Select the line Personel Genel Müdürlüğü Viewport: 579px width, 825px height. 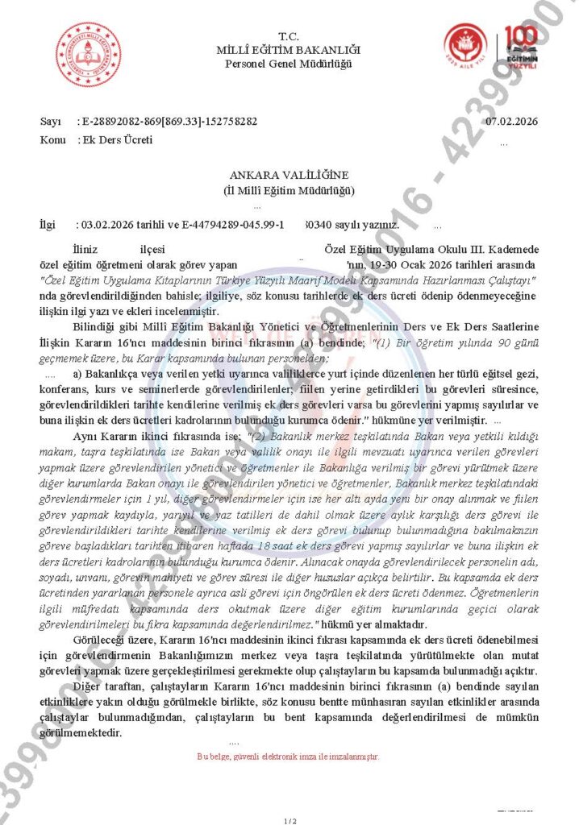[x=289, y=64]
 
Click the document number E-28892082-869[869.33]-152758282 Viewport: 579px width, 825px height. [x=169, y=122]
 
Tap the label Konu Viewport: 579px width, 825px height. [x=53, y=139]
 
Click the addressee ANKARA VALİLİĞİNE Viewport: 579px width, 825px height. [x=289, y=176]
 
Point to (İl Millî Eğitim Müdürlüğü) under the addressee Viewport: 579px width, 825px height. [x=289, y=190]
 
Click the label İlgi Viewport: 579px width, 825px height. [x=49, y=224]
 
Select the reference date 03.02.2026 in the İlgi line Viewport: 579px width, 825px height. [x=104, y=224]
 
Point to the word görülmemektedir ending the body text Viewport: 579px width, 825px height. [x=81, y=732]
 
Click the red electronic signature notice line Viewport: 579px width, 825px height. [x=288, y=757]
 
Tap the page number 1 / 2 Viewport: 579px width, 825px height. [x=289, y=820]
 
